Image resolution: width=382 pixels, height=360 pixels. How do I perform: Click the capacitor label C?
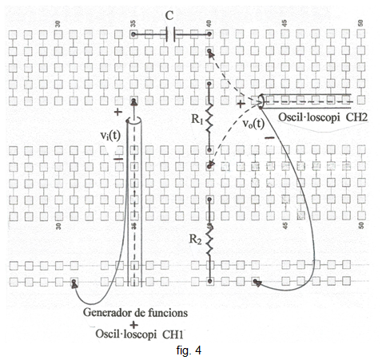(x=169, y=16)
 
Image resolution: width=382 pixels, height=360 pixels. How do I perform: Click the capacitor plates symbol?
(x=171, y=34)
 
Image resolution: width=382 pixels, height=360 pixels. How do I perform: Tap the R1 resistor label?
(x=197, y=119)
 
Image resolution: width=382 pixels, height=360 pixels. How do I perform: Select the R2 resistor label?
(x=195, y=239)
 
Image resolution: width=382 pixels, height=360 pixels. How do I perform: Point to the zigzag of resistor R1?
(x=209, y=117)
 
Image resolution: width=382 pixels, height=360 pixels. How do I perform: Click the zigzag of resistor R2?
(x=209, y=241)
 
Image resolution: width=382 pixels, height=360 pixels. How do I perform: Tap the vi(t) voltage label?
(x=110, y=136)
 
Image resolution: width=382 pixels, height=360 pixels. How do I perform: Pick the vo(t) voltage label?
(x=253, y=124)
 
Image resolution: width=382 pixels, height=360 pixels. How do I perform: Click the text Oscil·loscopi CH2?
(x=323, y=117)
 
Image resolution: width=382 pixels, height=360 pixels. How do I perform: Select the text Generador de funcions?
(x=135, y=312)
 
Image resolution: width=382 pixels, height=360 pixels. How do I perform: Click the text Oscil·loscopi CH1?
(x=139, y=334)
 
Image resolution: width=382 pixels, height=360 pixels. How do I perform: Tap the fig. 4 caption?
(x=189, y=350)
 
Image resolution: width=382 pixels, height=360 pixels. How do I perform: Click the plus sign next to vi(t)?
(x=117, y=112)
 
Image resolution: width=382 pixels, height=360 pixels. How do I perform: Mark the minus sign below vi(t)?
(x=118, y=159)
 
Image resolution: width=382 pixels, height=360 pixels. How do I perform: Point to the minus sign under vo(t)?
(x=269, y=137)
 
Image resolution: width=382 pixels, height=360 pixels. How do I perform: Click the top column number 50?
(x=360, y=23)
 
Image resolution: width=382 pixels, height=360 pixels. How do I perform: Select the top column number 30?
(x=58, y=24)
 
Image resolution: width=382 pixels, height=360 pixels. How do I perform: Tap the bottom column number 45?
(x=285, y=226)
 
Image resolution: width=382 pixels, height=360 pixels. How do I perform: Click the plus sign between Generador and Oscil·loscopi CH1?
(x=133, y=325)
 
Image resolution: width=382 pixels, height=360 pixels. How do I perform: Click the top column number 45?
(x=285, y=23)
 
